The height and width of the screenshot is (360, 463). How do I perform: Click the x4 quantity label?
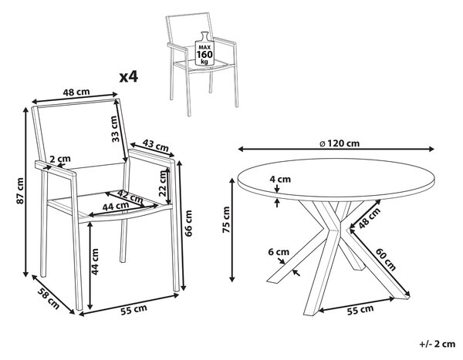[x=128, y=77]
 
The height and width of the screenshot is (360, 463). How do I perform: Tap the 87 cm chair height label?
[x=20, y=190]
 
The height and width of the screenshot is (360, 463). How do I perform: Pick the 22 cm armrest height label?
[x=163, y=183]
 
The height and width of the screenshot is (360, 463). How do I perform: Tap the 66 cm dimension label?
[x=188, y=223]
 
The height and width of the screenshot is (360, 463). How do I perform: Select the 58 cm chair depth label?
[x=48, y=298]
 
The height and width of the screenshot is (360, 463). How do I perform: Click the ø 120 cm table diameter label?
[x=340, y=143]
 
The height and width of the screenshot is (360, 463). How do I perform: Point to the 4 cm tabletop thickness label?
[x=280, y=179]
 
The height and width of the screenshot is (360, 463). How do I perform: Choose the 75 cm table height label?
[x=226, y=220]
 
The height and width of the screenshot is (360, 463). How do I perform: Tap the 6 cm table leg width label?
[x=279, y=252]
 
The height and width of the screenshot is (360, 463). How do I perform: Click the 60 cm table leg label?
[x=385, y=259]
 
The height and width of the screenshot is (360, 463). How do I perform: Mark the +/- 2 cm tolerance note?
[x=438, y=344]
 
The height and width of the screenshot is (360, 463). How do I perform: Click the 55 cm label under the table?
[x=360, y=310]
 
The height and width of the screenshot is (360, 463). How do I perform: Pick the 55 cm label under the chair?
[x=133, y=310]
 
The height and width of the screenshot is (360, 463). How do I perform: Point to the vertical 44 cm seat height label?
[x=95, y=262]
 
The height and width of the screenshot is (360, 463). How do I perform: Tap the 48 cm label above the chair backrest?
[x=76, y=92]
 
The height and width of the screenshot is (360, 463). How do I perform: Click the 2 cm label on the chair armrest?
[x=60, y=159]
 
